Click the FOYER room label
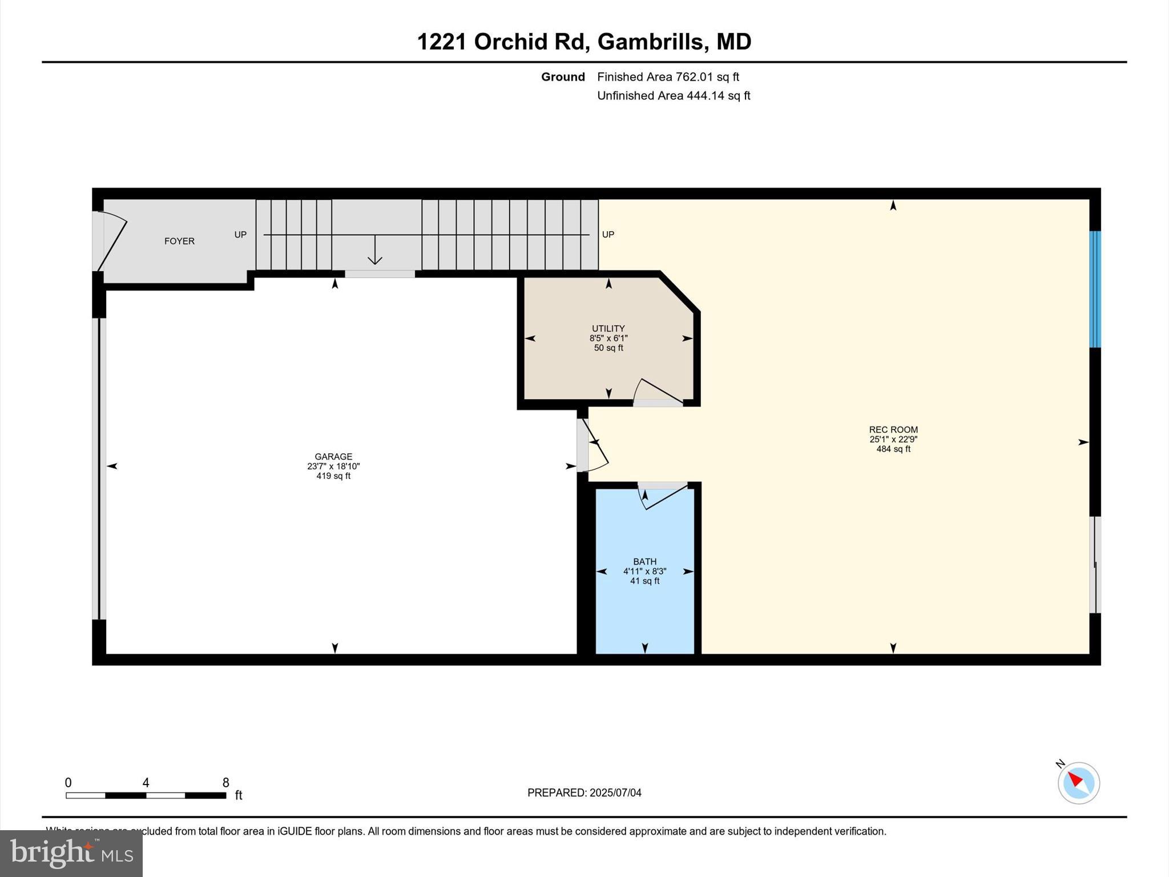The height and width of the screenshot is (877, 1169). [179, 241]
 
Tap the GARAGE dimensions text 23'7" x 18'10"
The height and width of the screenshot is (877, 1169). [333, 466]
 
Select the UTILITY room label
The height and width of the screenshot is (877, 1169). [608, 328]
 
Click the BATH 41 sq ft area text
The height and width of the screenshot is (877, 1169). [644, 581]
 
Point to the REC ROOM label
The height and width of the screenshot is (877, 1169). [893, 430]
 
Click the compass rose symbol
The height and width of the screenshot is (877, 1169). [1078, 783]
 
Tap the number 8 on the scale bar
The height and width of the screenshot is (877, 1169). [225, 783]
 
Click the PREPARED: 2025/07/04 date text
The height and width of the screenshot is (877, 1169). [584, 792]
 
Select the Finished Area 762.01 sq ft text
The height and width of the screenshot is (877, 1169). [668, 77]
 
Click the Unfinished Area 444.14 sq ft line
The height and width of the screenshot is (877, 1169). [674, 96]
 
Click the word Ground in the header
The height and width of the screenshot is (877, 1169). [563, 77]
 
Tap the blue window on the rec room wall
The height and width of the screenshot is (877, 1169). [1095, 289]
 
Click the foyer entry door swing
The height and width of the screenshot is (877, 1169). [111, 240]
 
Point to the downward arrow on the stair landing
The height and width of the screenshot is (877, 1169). [374, 251]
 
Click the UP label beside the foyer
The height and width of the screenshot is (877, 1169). [240, 235]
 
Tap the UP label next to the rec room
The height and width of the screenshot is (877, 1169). [608, 235]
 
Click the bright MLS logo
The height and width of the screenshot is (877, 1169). [71, 853]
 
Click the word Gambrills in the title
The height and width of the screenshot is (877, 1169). [650, 42]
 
